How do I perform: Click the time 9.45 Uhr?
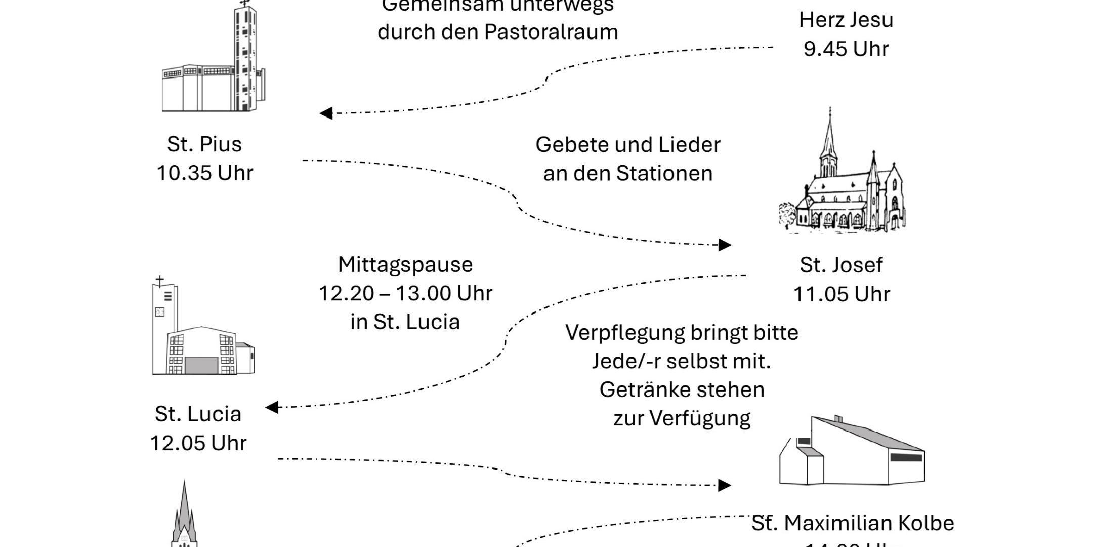click(846, 49)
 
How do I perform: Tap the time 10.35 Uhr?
click(205, 173)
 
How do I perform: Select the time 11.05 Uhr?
click(842, 294)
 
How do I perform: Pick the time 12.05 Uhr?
click(198, 443)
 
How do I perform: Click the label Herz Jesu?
click(846, 20)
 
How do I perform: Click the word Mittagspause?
click(405, 265)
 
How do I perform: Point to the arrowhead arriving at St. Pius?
click(326, 113)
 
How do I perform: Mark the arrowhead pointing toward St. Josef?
click(725, 245)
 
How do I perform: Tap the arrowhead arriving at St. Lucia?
click(272, 407)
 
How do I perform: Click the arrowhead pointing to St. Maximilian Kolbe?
click(725, 485)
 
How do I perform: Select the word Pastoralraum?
click(551, 32)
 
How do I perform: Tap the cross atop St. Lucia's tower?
click(160, 281)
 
